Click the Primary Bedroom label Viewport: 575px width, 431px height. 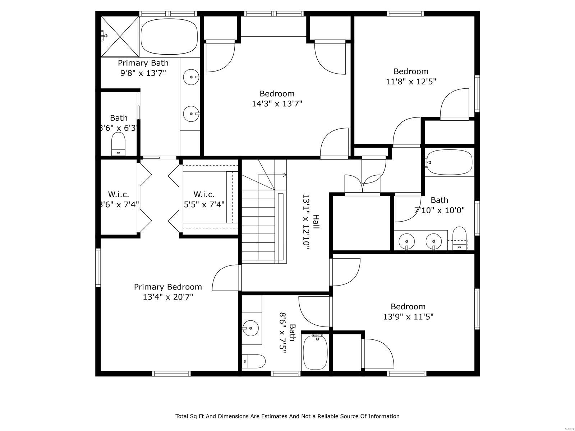tap(168, 287)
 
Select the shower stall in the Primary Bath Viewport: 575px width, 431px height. tap(119, 36)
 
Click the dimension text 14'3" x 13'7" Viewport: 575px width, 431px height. tap(277, 104)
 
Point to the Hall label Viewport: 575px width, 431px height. tap(316, 222)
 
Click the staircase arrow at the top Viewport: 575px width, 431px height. tap(284, 175)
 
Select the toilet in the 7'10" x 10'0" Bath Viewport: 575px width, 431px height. tap(459, 238)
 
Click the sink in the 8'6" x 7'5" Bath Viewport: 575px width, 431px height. tap(250, 328)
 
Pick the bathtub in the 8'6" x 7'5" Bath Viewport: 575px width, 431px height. tap(315, 353)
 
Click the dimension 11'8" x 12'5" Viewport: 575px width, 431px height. tap(411, 82)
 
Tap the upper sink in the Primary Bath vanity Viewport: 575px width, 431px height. tap(191, 77)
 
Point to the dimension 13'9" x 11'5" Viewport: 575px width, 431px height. tap(408, 317)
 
